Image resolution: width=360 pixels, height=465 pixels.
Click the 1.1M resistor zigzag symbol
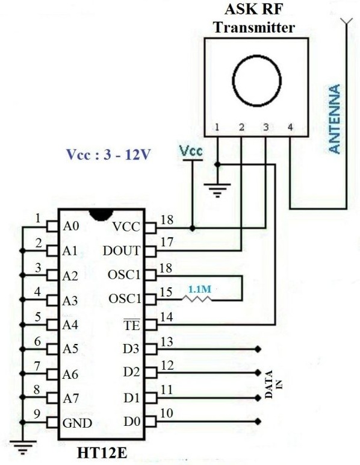(197, 299)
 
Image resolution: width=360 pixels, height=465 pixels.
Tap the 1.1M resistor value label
(200, 289)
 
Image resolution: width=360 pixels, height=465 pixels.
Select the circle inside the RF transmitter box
(256, 80)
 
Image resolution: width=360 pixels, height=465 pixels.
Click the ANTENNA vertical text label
(335, 119)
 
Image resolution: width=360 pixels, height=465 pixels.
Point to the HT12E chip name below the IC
(102, 452)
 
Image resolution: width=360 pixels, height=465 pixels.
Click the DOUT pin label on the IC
(122, 251)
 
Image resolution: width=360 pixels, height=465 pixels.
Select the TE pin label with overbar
(132, 325)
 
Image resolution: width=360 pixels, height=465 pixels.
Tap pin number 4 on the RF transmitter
(290, 127)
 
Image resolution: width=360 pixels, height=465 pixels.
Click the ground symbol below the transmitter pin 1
(217, 190)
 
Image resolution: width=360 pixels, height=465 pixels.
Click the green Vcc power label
(191, 151)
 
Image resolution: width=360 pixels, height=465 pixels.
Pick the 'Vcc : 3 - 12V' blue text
(108, 154)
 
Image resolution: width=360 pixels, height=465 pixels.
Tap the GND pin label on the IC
(77, 423)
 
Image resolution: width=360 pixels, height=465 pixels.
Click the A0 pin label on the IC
(71, 226)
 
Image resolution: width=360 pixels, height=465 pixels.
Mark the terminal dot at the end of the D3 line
(258, 349)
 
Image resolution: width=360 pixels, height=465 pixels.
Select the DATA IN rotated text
(273, 384)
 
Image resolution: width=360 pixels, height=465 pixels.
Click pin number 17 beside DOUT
(167, 242)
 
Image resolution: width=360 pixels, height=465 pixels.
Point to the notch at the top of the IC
(101, 214)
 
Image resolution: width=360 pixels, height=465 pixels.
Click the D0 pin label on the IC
(132, 422)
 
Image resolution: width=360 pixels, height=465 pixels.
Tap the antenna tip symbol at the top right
(346, 21)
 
